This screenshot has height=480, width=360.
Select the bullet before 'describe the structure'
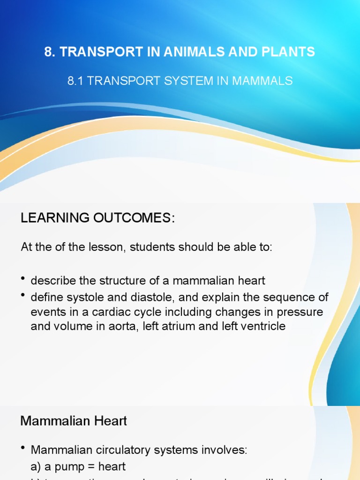pos(23,280)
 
